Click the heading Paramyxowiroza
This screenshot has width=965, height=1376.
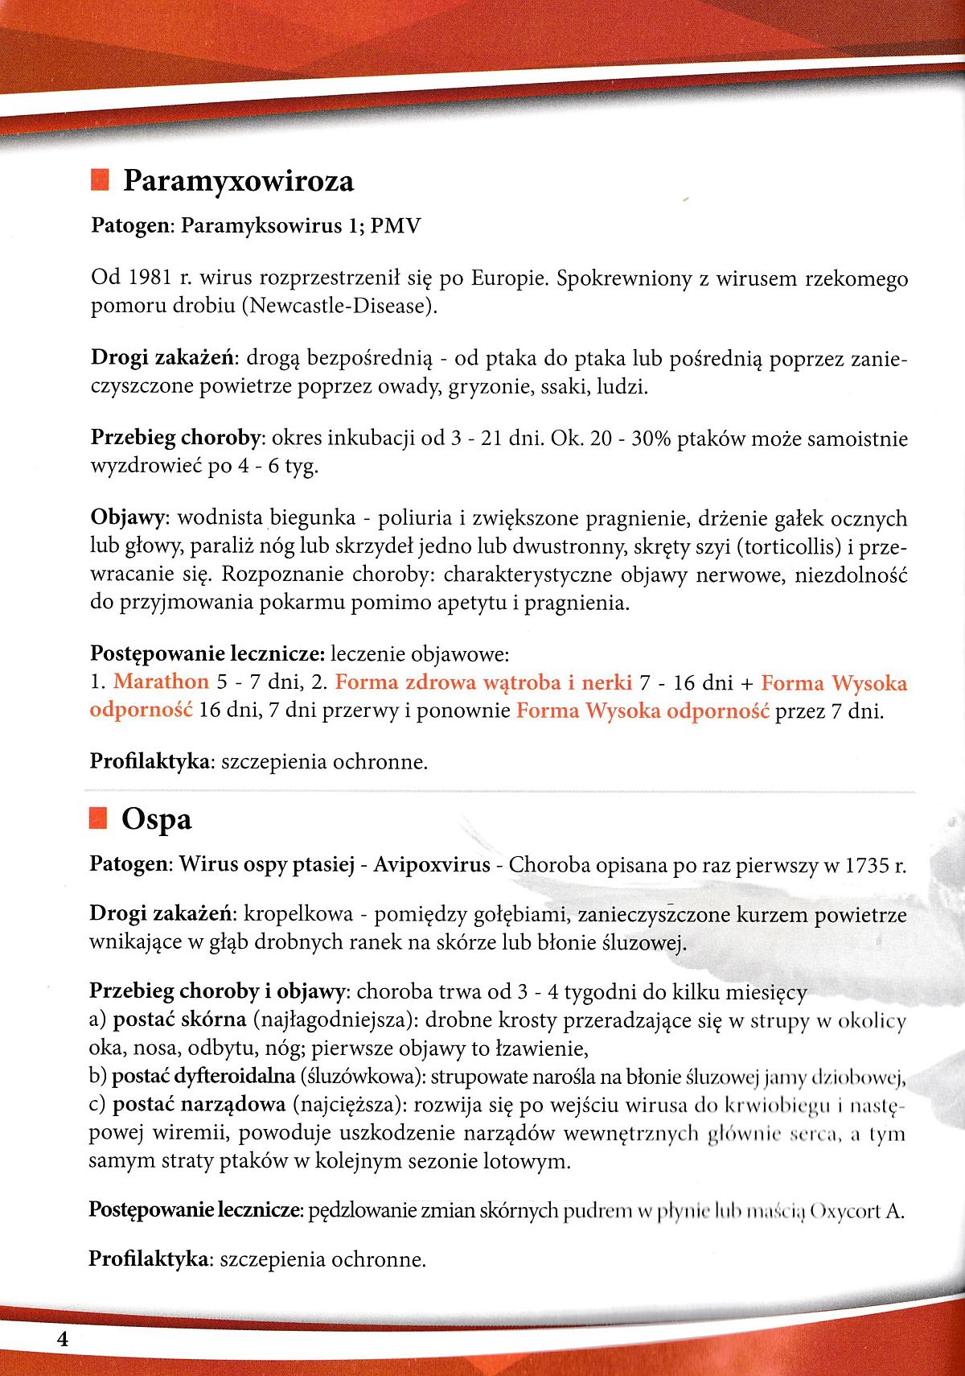[238, 181]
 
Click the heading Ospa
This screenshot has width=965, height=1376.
[157, 819]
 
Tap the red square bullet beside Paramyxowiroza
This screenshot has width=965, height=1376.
[100, 179]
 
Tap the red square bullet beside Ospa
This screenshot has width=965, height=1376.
[98, 818]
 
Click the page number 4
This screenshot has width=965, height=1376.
[62, 1339]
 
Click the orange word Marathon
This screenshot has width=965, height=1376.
[161, 682]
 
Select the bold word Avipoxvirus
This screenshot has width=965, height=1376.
[432, 865]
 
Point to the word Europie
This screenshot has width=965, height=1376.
[509, 278]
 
